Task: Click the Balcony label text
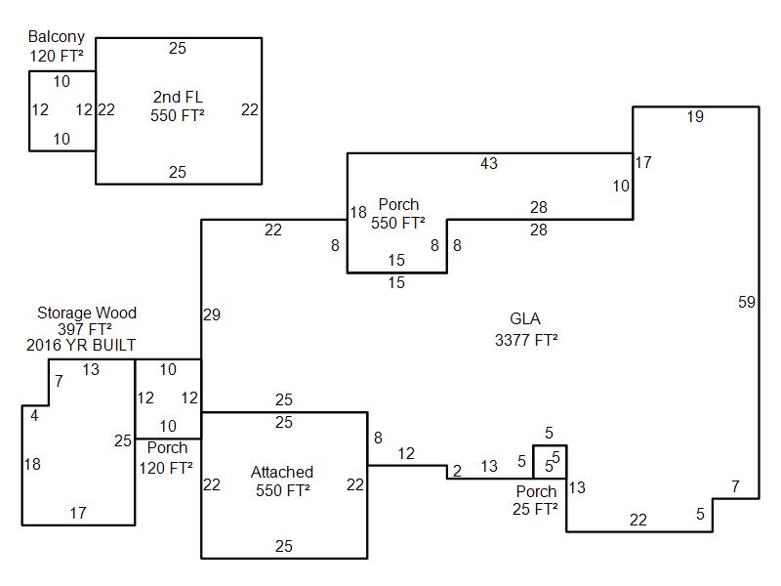tap(56, 37)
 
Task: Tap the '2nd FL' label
tap(178, 96)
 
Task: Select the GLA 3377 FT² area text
tap(525, 319)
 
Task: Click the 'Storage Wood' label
tap(87, 314)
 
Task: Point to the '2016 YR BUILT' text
tap(87, 346)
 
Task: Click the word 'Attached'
tap(282, 473)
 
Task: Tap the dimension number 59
tap(747, 303)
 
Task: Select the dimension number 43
tap(489, 164)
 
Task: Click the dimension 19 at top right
tap(694, 117)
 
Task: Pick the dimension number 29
tap(212, 314)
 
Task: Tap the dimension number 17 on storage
tap(77, 513)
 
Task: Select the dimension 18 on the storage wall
tap(32, 465)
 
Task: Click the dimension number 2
tap(457, 472)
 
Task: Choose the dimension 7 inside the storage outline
tap(59, 382)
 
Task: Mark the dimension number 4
tap(34, 415)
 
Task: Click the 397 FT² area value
tap(87, 330)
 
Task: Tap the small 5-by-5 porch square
tap(550, 460)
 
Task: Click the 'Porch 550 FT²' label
tap(398, 214)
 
